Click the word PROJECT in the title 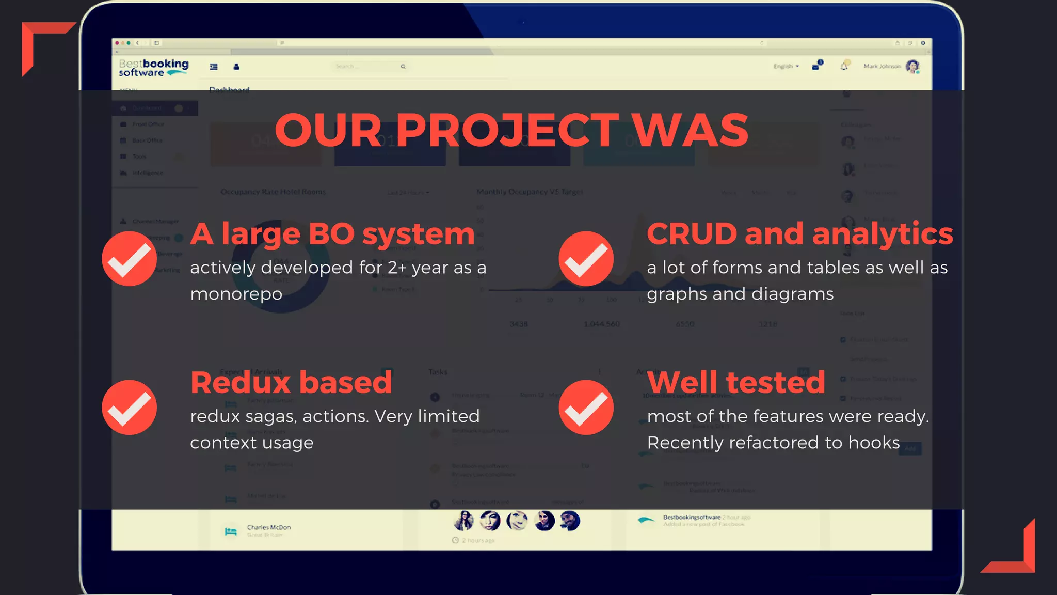[507, 130]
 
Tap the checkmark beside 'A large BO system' [129, 258]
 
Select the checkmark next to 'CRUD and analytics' [586, 258]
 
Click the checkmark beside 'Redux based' [129, 407]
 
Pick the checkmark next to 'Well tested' [586, 407]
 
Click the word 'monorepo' [236, 294]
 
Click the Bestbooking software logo [153, 68]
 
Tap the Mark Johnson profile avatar [912, 67]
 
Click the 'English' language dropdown [786, 67]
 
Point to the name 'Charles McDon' [268, 527]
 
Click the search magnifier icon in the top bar [403, 67]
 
